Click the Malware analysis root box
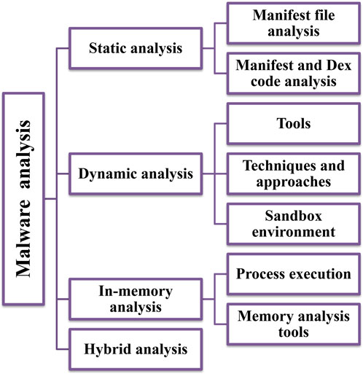coord(23,198)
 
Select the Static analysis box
coord(136,48)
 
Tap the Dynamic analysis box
coord(136,174)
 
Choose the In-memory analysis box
coord(136,299)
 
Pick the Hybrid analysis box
coord(136,349)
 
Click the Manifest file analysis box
coord(294,23)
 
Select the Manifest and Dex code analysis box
coord(294,73)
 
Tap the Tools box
coord(294,123)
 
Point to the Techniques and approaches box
coord(294,174)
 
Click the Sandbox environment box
coord(294,224)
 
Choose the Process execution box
coord(294,274)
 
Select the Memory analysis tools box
coord(294,324)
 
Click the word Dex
coord(339,65)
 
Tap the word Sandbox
coord(294,216)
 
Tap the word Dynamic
coord(108,174)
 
